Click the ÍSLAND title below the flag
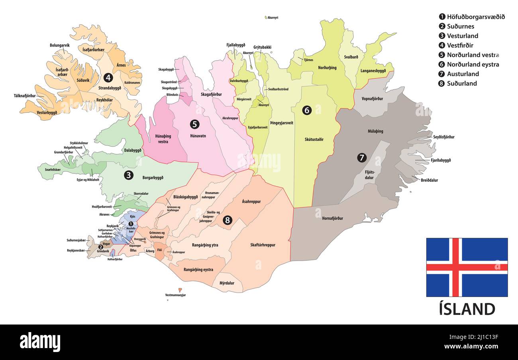pyautogui.click(x=467, y=309)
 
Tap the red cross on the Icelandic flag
pyautogui.click(x=455, y=267)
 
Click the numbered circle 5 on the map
pyautogui.click(x=194, y=124)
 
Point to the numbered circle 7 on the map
pyautogui.click(x=361, y=158)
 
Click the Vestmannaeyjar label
pyautogui.click(x=175, y=295)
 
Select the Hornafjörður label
pyautogui.click(x=332, y=218)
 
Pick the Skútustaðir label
pyautogui.click(x=314, y=140)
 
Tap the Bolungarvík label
pyautogui.click(x=60, y=45)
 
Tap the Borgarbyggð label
pyautogui.click(x=153, y=177)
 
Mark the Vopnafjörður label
pyautogui.click(x=372, y=98)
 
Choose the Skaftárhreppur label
pyautogui.click(x=263, y=245)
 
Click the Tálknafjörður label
pyautogui.click(x=25, y=96)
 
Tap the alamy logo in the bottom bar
pyautogui.click(x=40, y=342)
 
